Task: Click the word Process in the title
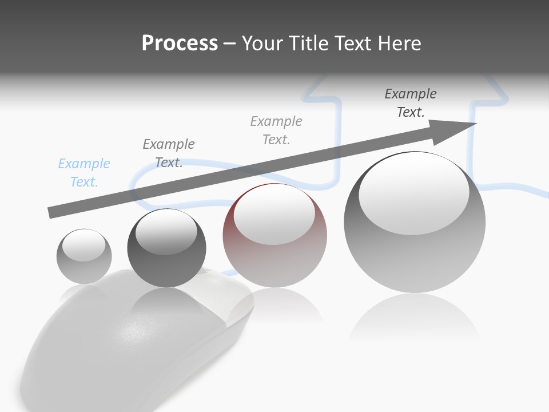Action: click(x=180, y=43)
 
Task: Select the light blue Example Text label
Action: click(x=84, y=173)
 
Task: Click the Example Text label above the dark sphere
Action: click(x=169, y=153)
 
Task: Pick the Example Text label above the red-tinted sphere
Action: click(x=276, y=130)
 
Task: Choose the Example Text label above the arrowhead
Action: click(x=411, y=103)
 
